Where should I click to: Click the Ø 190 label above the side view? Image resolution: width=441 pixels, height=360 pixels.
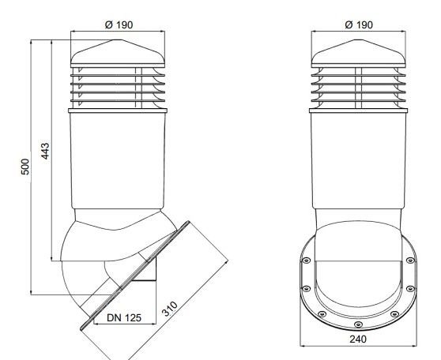point(119,25)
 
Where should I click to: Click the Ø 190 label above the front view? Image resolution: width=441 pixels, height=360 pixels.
point(359,25)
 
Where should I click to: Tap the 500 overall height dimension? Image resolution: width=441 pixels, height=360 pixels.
point(25,167)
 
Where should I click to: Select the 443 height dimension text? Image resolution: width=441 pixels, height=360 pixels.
point(45,151)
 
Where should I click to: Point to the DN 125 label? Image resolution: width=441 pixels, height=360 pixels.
point(124,317)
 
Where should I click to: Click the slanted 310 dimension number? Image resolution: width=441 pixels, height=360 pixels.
point(170,309)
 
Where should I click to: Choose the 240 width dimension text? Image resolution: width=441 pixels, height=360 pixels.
point(358,339)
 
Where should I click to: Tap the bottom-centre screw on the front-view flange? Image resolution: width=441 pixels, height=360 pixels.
point(358,324)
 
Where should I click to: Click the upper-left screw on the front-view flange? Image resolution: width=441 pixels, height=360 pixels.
point(306,261)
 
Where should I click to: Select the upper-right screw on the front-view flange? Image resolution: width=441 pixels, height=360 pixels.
point(410,261)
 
